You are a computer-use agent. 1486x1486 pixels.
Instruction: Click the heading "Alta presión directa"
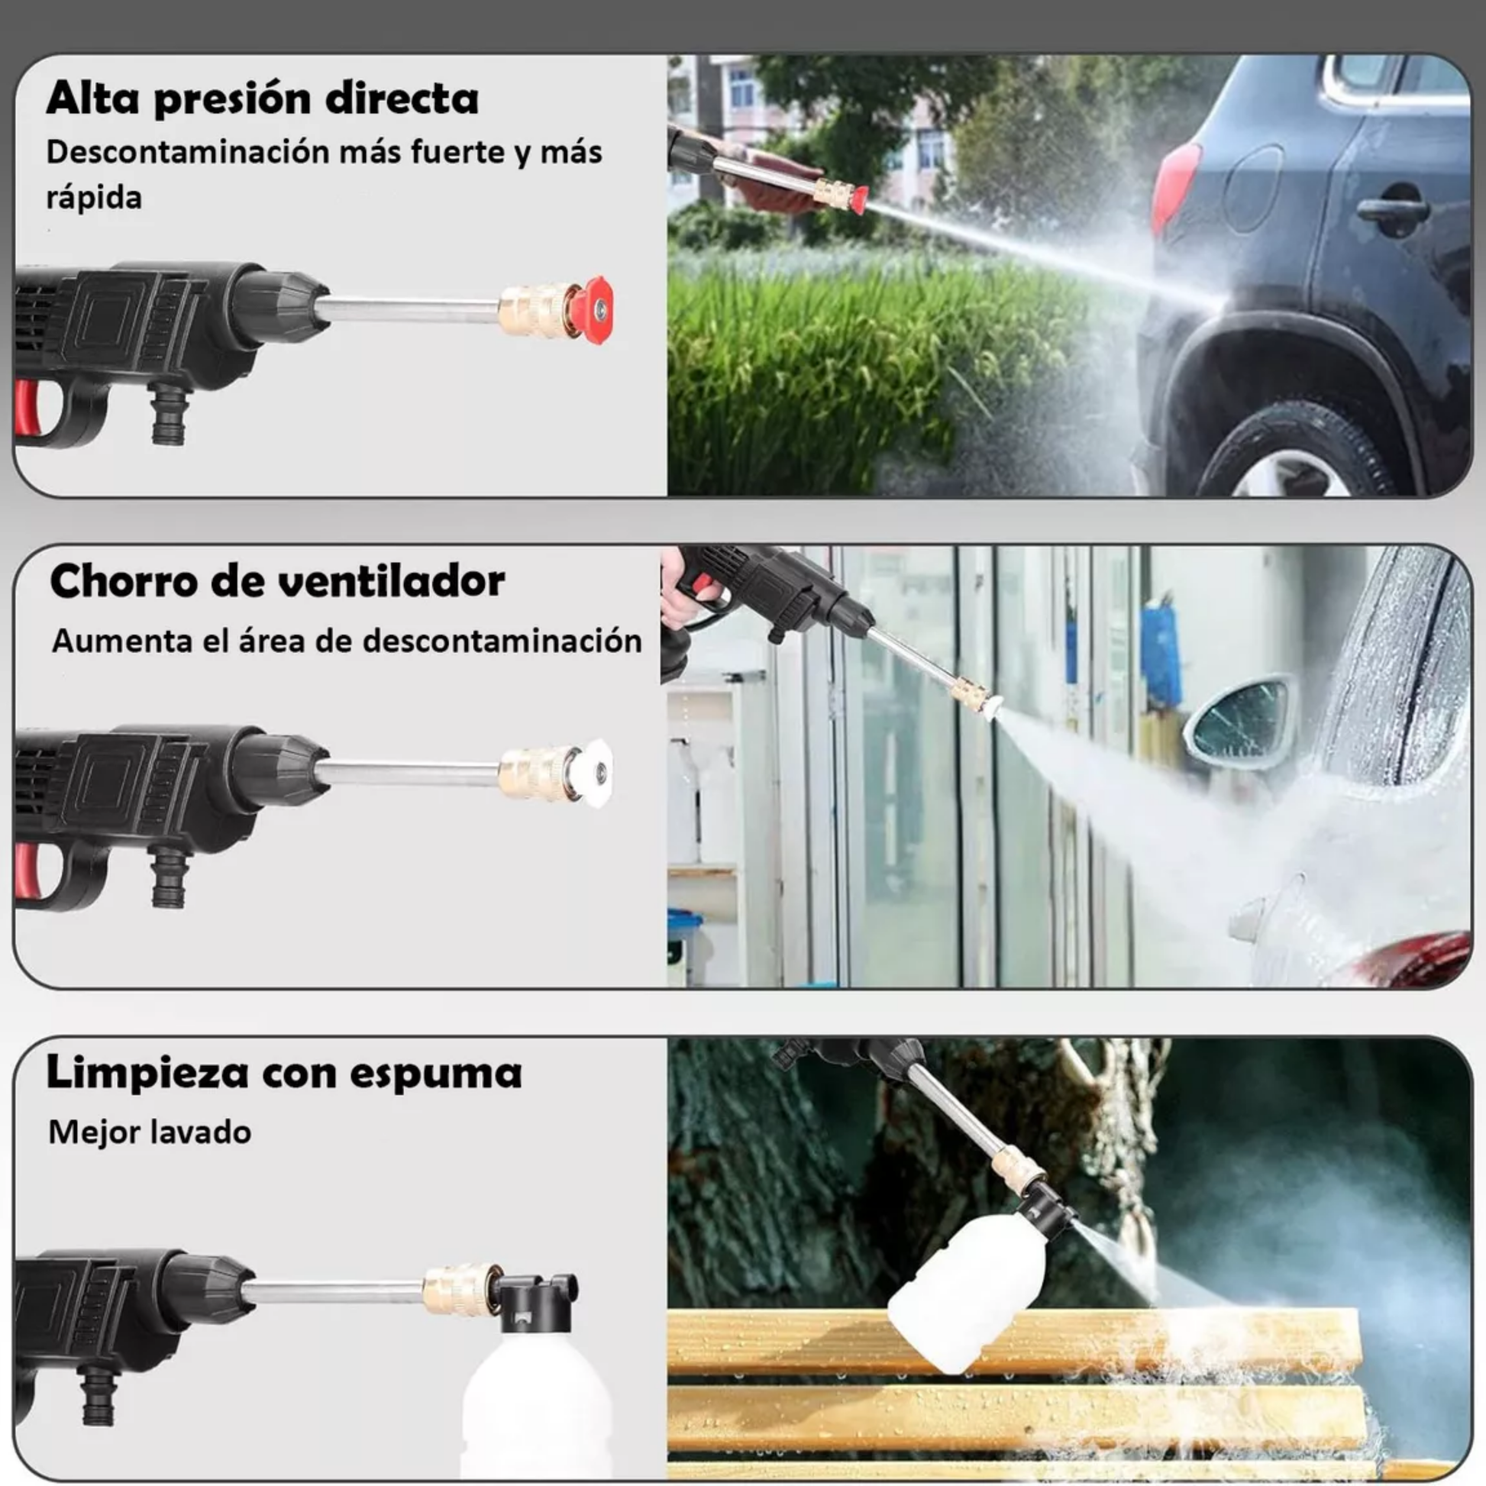click(x=262, y=99)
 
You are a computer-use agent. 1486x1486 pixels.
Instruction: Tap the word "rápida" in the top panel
click(x=94, y=199)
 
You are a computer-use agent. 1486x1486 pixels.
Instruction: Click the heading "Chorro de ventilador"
click(x=278, y=581)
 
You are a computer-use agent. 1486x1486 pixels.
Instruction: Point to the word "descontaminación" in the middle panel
click(x=502, y=641)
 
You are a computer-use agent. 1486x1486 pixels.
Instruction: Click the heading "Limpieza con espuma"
click(x=285, y=1072)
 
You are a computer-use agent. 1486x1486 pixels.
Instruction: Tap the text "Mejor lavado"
click(x=150, y=1133)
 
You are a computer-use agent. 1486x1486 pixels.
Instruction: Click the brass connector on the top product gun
click(x=536, y=311)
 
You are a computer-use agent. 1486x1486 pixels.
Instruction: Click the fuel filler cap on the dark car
click(x=1253, y=188)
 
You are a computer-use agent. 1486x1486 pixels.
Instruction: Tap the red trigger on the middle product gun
click(x=27, y=871)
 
